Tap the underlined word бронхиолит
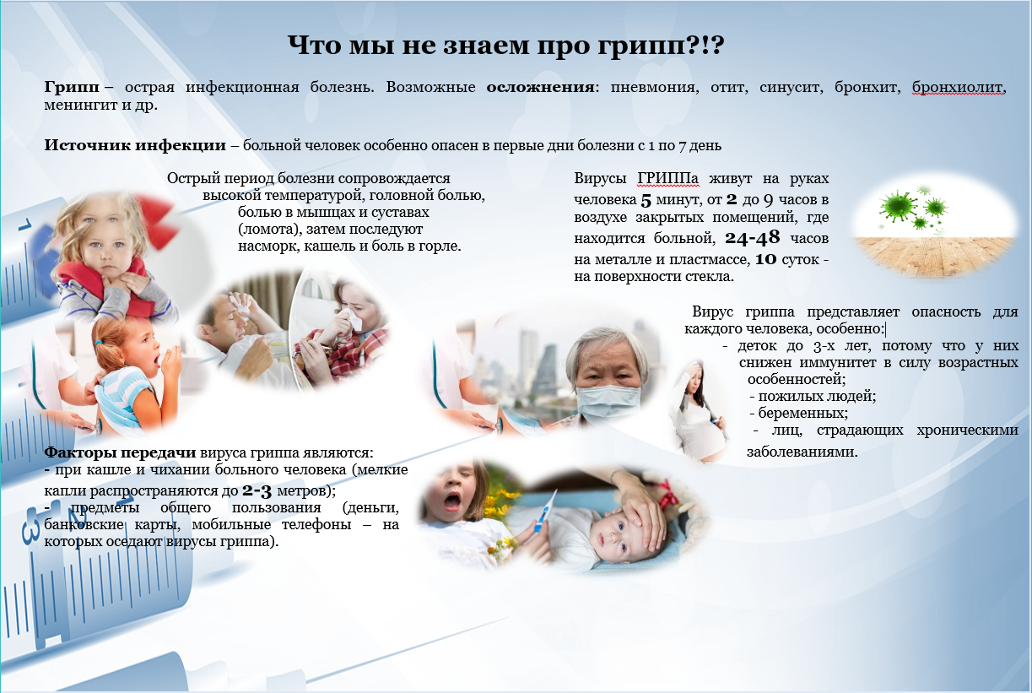[x=958, y=87]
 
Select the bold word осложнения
[x=540, y=87]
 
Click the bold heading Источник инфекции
[x=135, y=145]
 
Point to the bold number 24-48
[x=753, y=237]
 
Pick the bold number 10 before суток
[x=765, y=259]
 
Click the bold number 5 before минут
[x=646, y=200]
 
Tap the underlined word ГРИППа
[x=668, y=178]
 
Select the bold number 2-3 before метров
[x=257, y=491]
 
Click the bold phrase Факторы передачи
[x=121, y=452]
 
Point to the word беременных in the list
[x=802, y=413]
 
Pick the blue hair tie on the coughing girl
[x=99, y=343]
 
